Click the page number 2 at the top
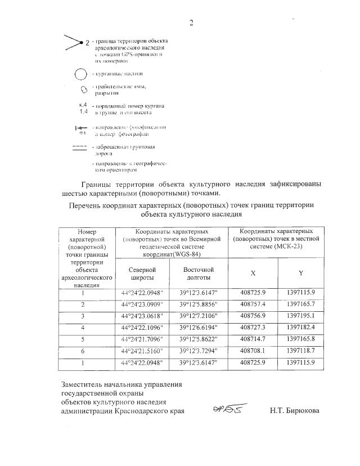click(x=191, y=23)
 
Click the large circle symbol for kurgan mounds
click(x=82, y=74)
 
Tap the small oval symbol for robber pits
click(x=83, y=89)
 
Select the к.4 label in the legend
click(x=83, y=105)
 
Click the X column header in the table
click(x=253, y=273)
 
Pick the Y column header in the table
click(x=301, y=273)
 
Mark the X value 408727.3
click(x=253, y=327)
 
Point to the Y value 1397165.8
click(x=301, y=339)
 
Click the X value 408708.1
click(x=253, y=351)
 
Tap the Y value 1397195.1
click(x=301, y=316)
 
